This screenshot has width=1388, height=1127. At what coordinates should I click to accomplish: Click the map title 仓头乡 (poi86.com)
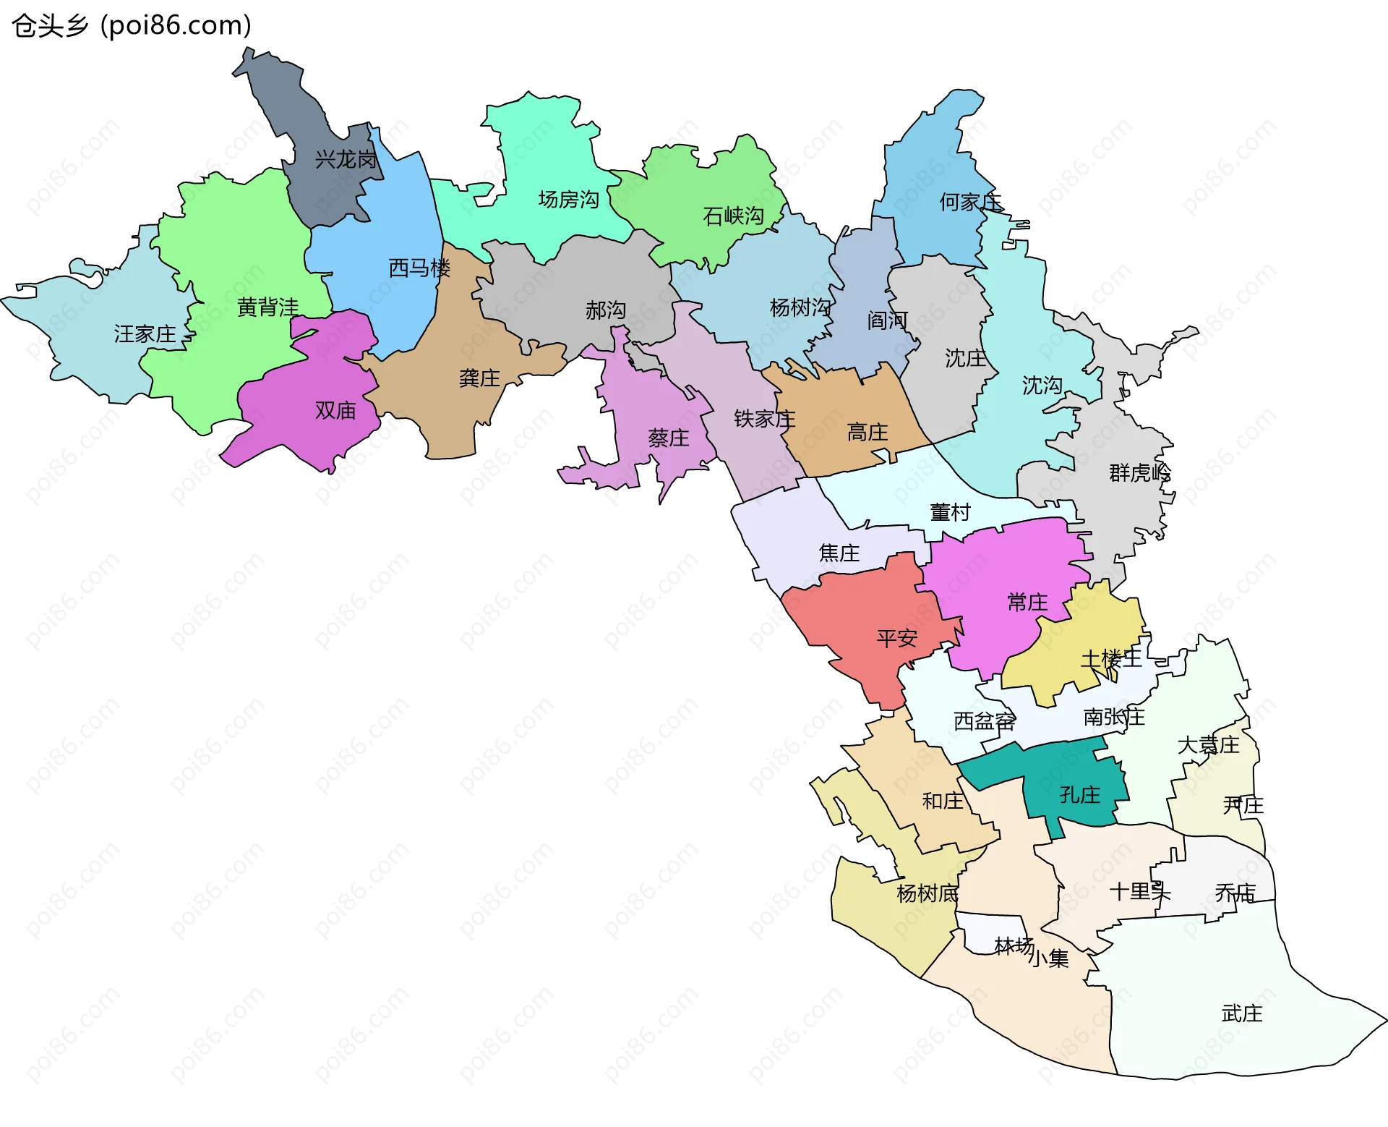132,26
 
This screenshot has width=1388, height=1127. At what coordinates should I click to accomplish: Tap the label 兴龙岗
346,160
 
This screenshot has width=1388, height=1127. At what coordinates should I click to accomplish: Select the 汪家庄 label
145,334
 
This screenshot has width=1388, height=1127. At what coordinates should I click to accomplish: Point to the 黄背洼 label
267,308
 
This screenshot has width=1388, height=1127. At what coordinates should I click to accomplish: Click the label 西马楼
419,268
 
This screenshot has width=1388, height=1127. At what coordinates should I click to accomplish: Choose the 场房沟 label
569,200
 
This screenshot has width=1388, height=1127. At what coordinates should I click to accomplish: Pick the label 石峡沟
733,216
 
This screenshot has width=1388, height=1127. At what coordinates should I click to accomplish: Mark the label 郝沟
605,311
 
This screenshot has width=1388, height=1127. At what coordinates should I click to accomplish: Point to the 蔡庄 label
668,438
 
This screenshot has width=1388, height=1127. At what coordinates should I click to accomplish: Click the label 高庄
867,433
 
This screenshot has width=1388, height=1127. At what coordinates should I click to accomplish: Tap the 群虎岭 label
1139,473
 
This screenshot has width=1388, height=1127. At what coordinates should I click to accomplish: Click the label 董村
950,513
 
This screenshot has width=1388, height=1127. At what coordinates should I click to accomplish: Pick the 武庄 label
1241,1014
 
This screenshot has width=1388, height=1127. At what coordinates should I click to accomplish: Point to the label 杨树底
927,894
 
